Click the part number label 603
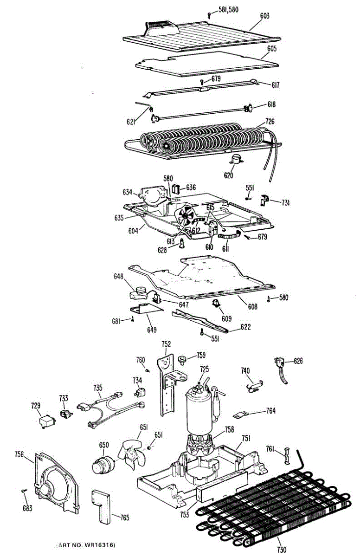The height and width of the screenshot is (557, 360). click(x=264, y=16)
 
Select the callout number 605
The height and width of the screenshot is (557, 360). click(x=272, y=48)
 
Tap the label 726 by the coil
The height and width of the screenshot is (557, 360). click(x=270, y=122)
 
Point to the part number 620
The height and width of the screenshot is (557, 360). click(x=228, y=175)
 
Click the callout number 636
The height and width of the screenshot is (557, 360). click(x=191, y=188)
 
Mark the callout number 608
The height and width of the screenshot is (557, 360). click(x=253, y=307)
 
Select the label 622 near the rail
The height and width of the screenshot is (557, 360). click(x=245, y=327)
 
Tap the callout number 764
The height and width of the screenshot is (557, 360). click(x=271, y=411)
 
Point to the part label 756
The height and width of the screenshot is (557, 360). click(x=19, y=454)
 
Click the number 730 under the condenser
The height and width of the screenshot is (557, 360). click(x=282, y=550)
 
